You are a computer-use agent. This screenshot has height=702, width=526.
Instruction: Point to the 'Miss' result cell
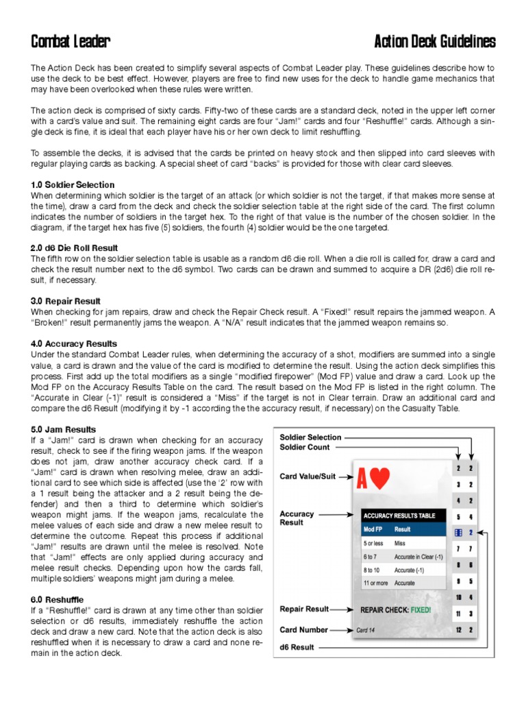[400, 543]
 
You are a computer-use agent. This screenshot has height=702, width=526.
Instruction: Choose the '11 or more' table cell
[375, 583]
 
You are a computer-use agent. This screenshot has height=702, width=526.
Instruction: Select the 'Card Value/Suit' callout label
[308, 476]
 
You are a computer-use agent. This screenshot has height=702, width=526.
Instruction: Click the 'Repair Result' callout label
[305, 608]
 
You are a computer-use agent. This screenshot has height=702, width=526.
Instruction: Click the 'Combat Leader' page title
[70, 43]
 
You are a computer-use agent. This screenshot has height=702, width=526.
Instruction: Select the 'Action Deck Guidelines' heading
[435, 43]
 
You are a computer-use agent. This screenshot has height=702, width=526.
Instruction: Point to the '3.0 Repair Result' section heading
[66, 301]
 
